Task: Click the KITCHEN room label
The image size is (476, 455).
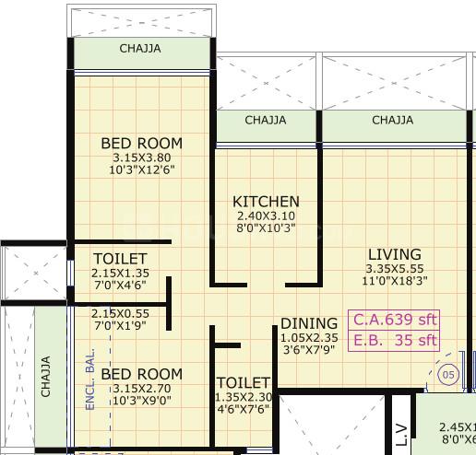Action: pos(266,202)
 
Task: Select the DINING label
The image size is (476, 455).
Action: pos(309,323)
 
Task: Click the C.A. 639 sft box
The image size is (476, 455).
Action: pos(395,321)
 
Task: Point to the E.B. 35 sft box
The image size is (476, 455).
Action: pos(395,341)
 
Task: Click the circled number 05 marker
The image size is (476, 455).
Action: pos(448,375)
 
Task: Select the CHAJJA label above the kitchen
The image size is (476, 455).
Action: pos(266,120)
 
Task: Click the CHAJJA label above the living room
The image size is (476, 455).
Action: pos(392,120)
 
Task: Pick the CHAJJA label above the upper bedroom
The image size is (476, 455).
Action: pos(141,49)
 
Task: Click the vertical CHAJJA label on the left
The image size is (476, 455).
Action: pos(46,377)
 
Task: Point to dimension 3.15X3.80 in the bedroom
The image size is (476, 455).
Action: pos(141,157)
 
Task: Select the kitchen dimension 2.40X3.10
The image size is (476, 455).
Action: pos(266,216)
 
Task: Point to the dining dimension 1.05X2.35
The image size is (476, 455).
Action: pos(309,337)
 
